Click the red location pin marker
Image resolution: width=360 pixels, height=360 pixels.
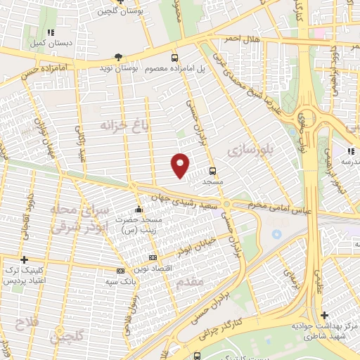point(181,165)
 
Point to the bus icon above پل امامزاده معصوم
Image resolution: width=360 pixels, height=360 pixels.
point(175,58)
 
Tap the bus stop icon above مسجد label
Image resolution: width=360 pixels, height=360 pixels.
point(212,170)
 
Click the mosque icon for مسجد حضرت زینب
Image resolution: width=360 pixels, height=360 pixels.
point(139,209)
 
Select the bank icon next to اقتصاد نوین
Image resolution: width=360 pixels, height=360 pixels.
point(153,258)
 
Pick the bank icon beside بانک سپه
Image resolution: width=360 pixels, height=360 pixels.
point(120,271)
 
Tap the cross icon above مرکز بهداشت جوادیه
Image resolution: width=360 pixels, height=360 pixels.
point(324,316)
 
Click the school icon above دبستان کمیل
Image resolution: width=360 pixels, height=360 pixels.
point(49,32)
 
